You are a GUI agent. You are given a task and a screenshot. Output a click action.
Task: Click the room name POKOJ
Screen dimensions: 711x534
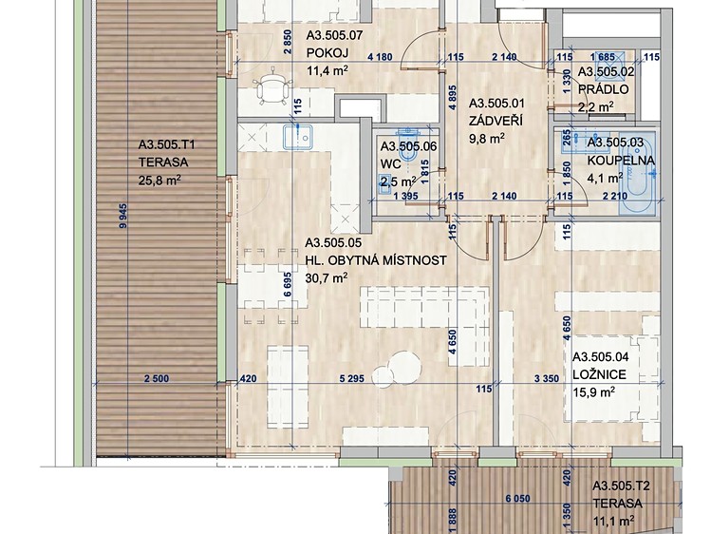click(x=327, y=52)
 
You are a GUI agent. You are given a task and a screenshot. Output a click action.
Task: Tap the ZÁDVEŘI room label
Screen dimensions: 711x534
click(x=496, y=121)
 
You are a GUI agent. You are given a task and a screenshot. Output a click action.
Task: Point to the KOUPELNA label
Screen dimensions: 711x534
click(x=621, y=161)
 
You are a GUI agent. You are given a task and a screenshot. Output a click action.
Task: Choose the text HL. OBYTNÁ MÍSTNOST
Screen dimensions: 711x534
click(x=376, y=260)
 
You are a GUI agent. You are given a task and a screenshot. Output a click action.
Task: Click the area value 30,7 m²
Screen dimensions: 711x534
click(x=327, y=277)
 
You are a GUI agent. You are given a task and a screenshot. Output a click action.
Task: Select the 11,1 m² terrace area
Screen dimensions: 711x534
click(x=613, y=522)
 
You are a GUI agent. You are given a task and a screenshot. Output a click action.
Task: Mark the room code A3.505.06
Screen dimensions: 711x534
click(x=408, y=146)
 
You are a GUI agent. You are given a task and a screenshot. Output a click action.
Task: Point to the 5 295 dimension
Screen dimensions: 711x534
click(x=351, y=378)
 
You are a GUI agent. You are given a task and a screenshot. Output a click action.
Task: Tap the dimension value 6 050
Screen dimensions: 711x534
click(x=517, y=498)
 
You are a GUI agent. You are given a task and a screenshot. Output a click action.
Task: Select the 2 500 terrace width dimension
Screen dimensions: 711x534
click(x=157, y=378)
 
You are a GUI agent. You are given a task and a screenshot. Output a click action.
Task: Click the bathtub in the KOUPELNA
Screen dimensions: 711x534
click(x=637, y=173)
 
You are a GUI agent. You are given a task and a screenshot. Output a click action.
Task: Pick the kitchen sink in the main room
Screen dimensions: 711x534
click(x=298, y=137)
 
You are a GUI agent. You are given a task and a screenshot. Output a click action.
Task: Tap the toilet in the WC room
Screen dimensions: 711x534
click(x=408, y=147)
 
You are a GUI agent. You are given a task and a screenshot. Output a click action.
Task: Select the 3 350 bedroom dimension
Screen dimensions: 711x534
click(x=547, y=378)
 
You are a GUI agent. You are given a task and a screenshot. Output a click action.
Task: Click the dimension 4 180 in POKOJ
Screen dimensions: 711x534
click(x=380, y=57)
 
